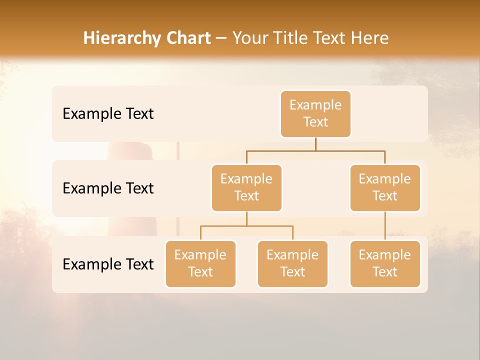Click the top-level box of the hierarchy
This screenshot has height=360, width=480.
(315, 114)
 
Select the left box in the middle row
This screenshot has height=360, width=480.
(246, 188)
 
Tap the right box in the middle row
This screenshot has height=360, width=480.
(385, 188)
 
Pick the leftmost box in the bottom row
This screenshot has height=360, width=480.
(200, 264)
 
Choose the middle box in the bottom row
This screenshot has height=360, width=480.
(292, 264)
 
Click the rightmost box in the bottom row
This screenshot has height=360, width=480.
(385, 264)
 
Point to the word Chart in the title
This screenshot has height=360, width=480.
(188, 38)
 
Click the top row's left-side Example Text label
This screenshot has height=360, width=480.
(108, 114)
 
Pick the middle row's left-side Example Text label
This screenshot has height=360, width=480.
(108, 188)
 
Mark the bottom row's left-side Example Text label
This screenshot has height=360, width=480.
(108, 264)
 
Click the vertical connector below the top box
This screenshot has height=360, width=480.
(315, 144)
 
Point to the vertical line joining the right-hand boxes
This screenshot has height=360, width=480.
(385, 226)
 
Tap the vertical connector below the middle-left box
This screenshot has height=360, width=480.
(246, 219)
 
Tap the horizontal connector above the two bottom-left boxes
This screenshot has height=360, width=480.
(246, 226)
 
